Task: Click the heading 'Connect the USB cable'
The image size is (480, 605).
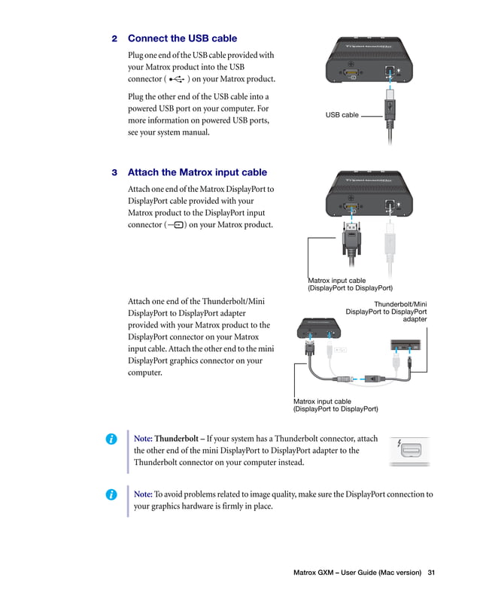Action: coord(182,38)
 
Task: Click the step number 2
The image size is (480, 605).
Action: coord(114,38)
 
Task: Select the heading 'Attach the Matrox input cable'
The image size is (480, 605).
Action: coord(197,172)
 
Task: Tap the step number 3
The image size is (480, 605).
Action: coord(114,172)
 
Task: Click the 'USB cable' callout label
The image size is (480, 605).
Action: coord(342,115)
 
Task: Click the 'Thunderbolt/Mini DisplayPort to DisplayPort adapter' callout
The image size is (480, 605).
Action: coord(386,312)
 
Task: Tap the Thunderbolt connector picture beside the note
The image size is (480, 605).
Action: coord(409,451)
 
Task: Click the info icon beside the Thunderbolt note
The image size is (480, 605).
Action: coord(111,439)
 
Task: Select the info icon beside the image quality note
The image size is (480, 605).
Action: coord(111,494)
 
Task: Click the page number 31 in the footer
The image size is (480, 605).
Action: coord(431,573)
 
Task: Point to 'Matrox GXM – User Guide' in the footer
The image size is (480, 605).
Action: coord(357,573)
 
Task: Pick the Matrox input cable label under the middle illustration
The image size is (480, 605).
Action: coord(350,284)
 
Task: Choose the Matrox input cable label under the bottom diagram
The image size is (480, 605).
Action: coord(336,406)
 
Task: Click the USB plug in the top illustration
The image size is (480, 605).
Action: coord(389,105)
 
